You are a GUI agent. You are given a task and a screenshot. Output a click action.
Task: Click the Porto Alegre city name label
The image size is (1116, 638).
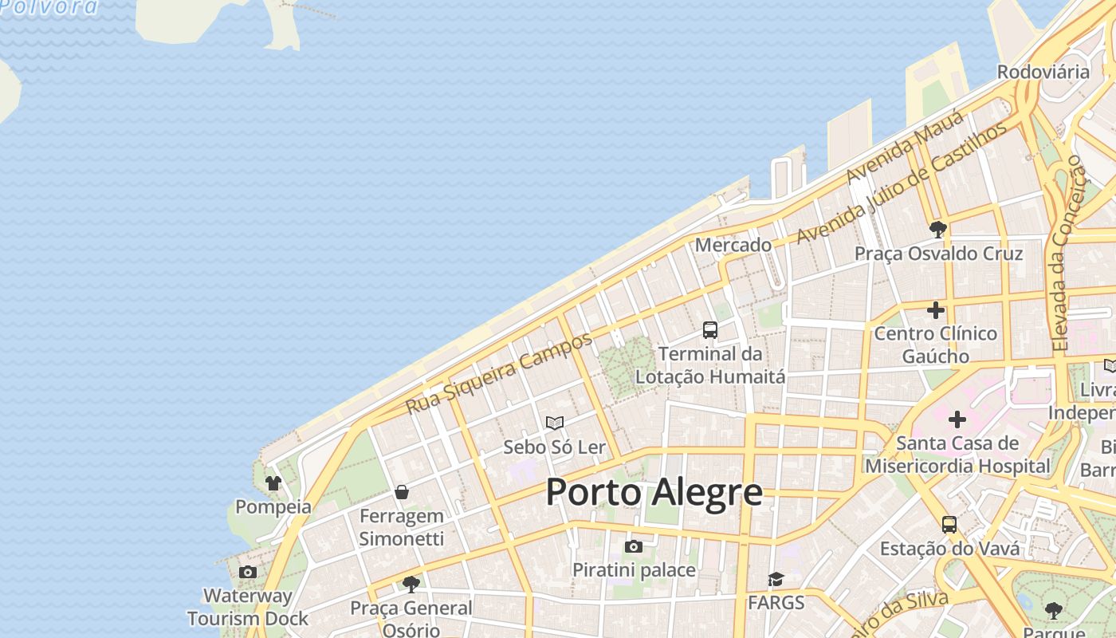tap(654, 493)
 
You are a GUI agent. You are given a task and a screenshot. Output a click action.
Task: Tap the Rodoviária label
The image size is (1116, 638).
tap(1043, 72)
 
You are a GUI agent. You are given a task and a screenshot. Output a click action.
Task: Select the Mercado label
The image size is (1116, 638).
tap(733, 245)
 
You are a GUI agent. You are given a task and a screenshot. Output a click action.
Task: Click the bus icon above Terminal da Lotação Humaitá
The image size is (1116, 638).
tap(709, 329)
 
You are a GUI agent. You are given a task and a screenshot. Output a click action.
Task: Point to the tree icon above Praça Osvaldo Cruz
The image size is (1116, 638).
tap(937, 230)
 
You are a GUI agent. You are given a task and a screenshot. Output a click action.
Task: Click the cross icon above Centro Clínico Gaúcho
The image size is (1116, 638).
tap(936, 309)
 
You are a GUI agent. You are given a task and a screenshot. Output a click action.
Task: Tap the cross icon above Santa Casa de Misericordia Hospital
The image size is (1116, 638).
tap(957, 419)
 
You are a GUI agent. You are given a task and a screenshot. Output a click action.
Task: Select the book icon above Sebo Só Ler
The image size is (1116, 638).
tap(555, 423)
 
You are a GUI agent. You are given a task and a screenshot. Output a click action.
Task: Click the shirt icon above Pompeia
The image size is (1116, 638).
tap(273, 482)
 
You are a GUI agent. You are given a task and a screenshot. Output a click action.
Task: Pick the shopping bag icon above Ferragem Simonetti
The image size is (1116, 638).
tap(402, 492)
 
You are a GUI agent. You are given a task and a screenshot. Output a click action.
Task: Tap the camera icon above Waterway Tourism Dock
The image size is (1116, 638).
tap(248, 572)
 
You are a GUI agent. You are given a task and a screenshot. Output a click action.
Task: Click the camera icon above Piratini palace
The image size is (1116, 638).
tap(634, 546)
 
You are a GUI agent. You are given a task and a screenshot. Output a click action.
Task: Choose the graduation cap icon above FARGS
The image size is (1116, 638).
tap(776, 579)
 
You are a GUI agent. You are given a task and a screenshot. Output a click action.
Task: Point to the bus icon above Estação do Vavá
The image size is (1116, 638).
tap(949, 525)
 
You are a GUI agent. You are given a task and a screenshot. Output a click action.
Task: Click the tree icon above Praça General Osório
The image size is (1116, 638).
tap(411, 585)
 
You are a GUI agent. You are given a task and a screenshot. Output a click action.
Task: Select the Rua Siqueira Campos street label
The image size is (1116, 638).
tap(499, 372)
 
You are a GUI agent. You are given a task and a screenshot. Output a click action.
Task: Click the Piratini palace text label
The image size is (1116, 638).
tap(634, 570)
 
